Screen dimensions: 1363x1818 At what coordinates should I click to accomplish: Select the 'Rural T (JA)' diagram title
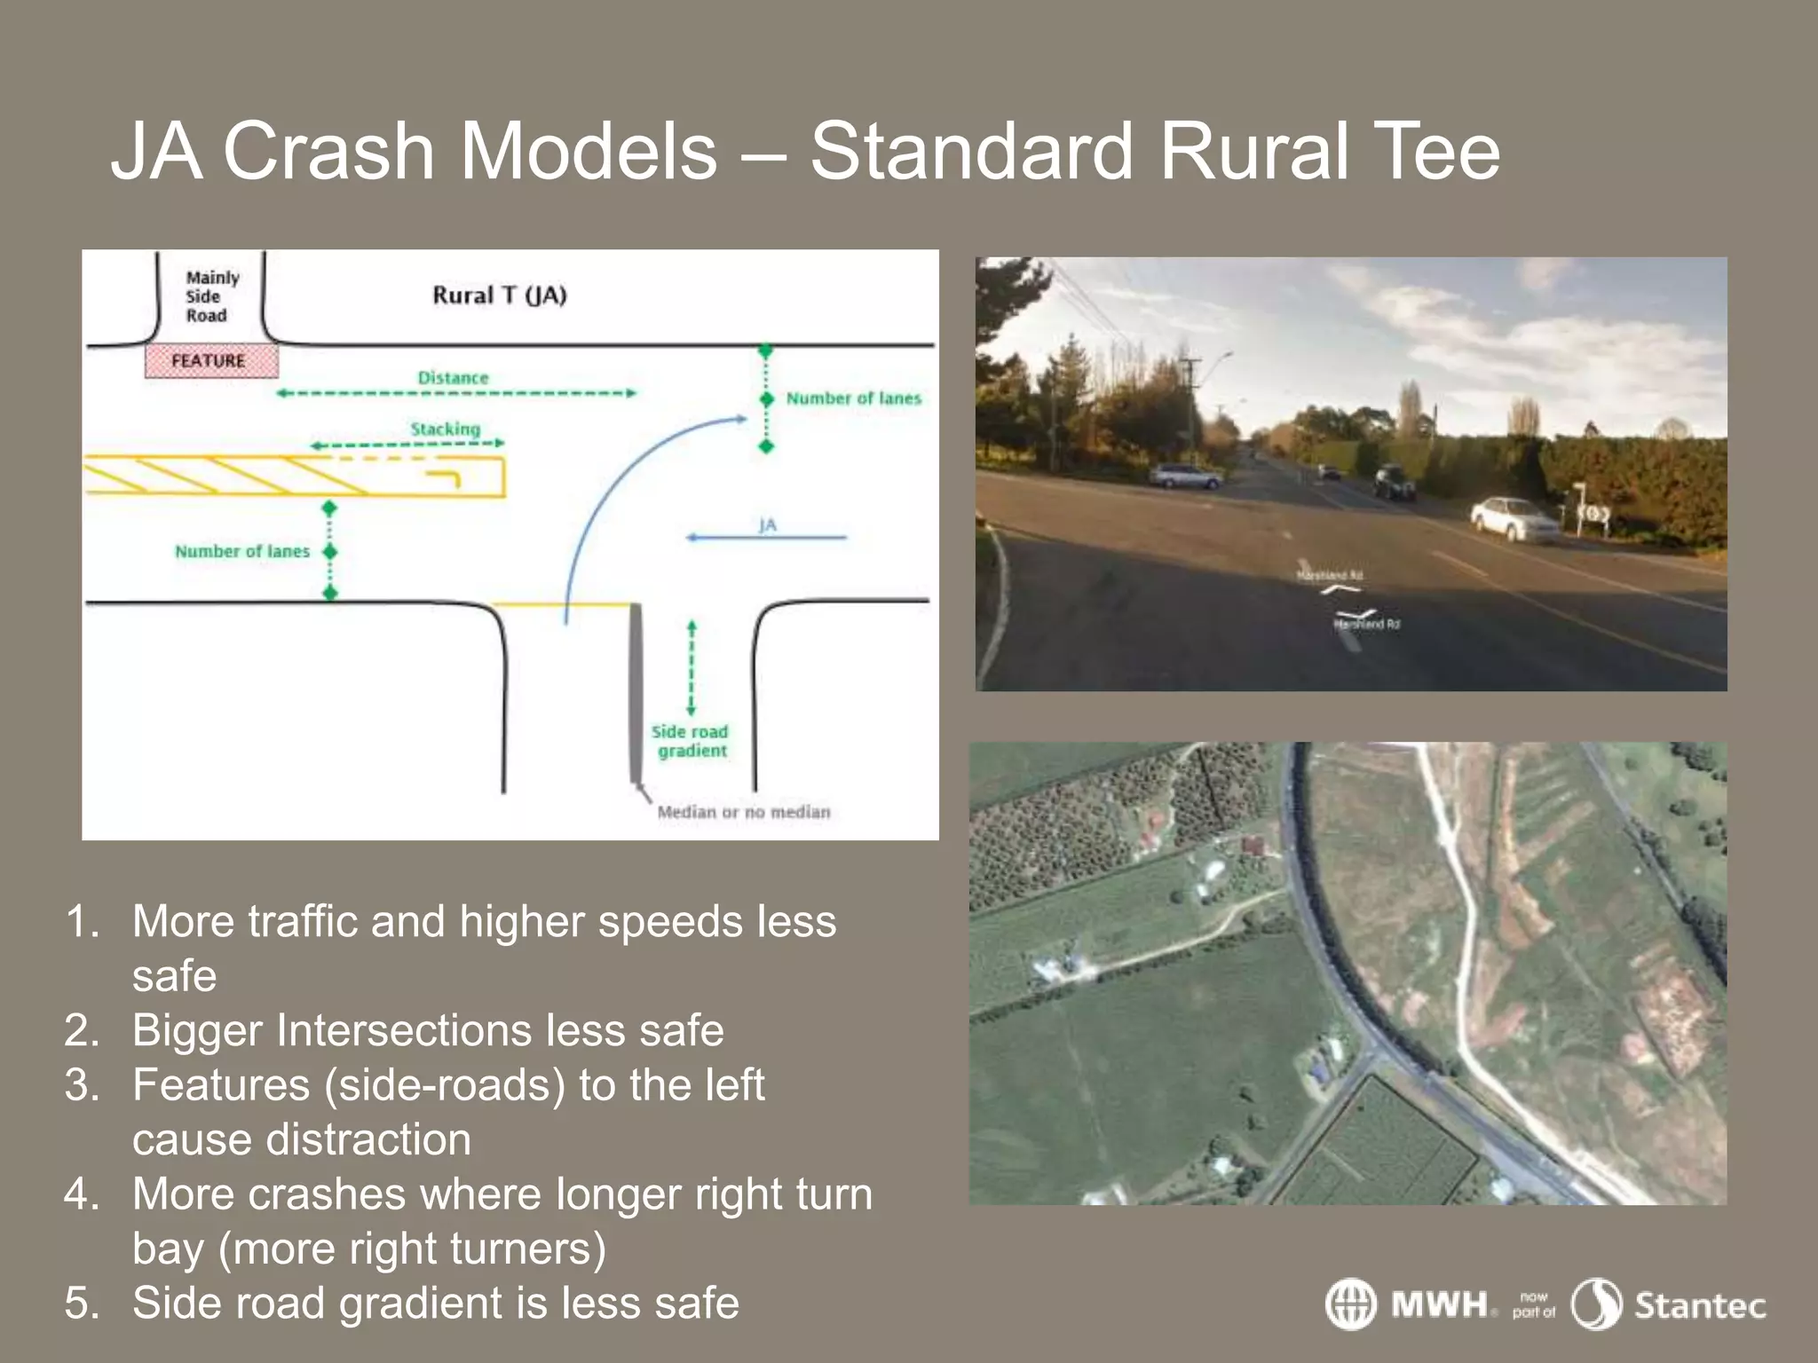499,295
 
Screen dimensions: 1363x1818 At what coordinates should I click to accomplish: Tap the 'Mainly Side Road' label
211,296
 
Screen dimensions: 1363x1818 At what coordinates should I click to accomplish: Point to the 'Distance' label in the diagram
453,378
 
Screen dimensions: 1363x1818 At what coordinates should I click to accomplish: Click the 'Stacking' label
445,429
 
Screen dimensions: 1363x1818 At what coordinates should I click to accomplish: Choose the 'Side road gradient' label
690,741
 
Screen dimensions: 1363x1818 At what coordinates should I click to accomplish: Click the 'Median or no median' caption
744,812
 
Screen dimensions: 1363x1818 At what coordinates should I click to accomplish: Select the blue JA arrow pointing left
766,537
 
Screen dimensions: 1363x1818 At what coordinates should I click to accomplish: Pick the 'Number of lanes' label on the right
853,398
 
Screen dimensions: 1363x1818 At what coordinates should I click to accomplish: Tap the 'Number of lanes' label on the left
241,551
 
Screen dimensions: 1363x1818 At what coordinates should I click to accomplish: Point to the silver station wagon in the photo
1185,477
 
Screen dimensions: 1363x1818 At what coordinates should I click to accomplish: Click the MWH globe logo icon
1350,1304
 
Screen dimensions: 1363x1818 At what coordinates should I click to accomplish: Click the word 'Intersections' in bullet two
403,1031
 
